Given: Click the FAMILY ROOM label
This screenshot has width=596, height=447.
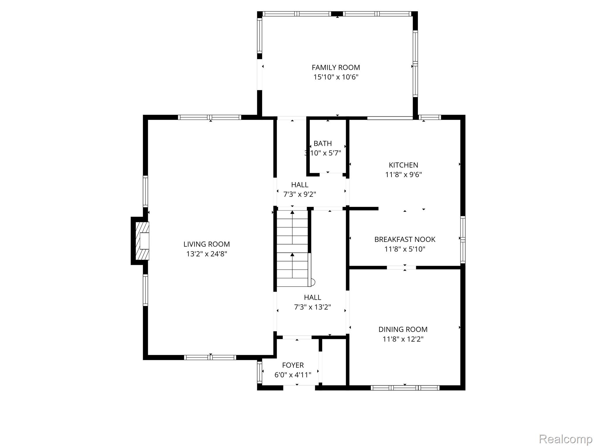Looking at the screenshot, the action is point(336,68).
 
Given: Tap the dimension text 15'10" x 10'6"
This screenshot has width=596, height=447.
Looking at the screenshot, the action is point(336,77).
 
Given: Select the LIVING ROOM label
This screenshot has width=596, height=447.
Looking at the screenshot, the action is point(207,244).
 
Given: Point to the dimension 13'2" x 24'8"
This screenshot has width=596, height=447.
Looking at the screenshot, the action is point(207,254).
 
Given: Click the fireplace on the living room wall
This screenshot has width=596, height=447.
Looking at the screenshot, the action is point(140,241).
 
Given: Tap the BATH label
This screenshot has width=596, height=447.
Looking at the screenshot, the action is point(323,143).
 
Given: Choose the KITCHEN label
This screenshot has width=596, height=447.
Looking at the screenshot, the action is point(403,165).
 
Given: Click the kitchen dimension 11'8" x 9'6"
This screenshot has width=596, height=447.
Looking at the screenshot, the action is point(403,175).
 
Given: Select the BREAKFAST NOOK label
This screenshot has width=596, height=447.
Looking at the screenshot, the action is point(405,240).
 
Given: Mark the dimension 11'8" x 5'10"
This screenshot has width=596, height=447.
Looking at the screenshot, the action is point(405,249).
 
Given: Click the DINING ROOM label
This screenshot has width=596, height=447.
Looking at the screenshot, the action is point(403,329).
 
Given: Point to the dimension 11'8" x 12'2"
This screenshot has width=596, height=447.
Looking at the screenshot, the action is point(403,339).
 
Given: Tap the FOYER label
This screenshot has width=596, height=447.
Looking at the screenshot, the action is point(293,365).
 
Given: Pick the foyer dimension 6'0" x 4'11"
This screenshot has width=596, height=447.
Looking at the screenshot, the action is point(293,375).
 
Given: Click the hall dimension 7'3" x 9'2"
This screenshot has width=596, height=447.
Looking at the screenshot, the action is point(300,194).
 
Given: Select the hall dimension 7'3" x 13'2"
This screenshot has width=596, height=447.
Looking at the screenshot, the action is point(313,307).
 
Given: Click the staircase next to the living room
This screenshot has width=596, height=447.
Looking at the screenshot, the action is point(292,248).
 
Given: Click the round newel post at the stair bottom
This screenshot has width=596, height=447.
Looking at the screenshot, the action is point(313,282).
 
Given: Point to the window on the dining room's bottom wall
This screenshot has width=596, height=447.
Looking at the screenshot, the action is point(405,388).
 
